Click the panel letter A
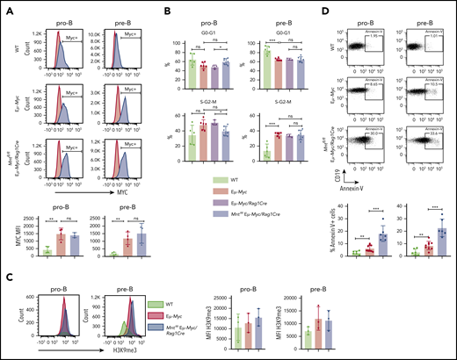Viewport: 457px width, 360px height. (5, 7)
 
